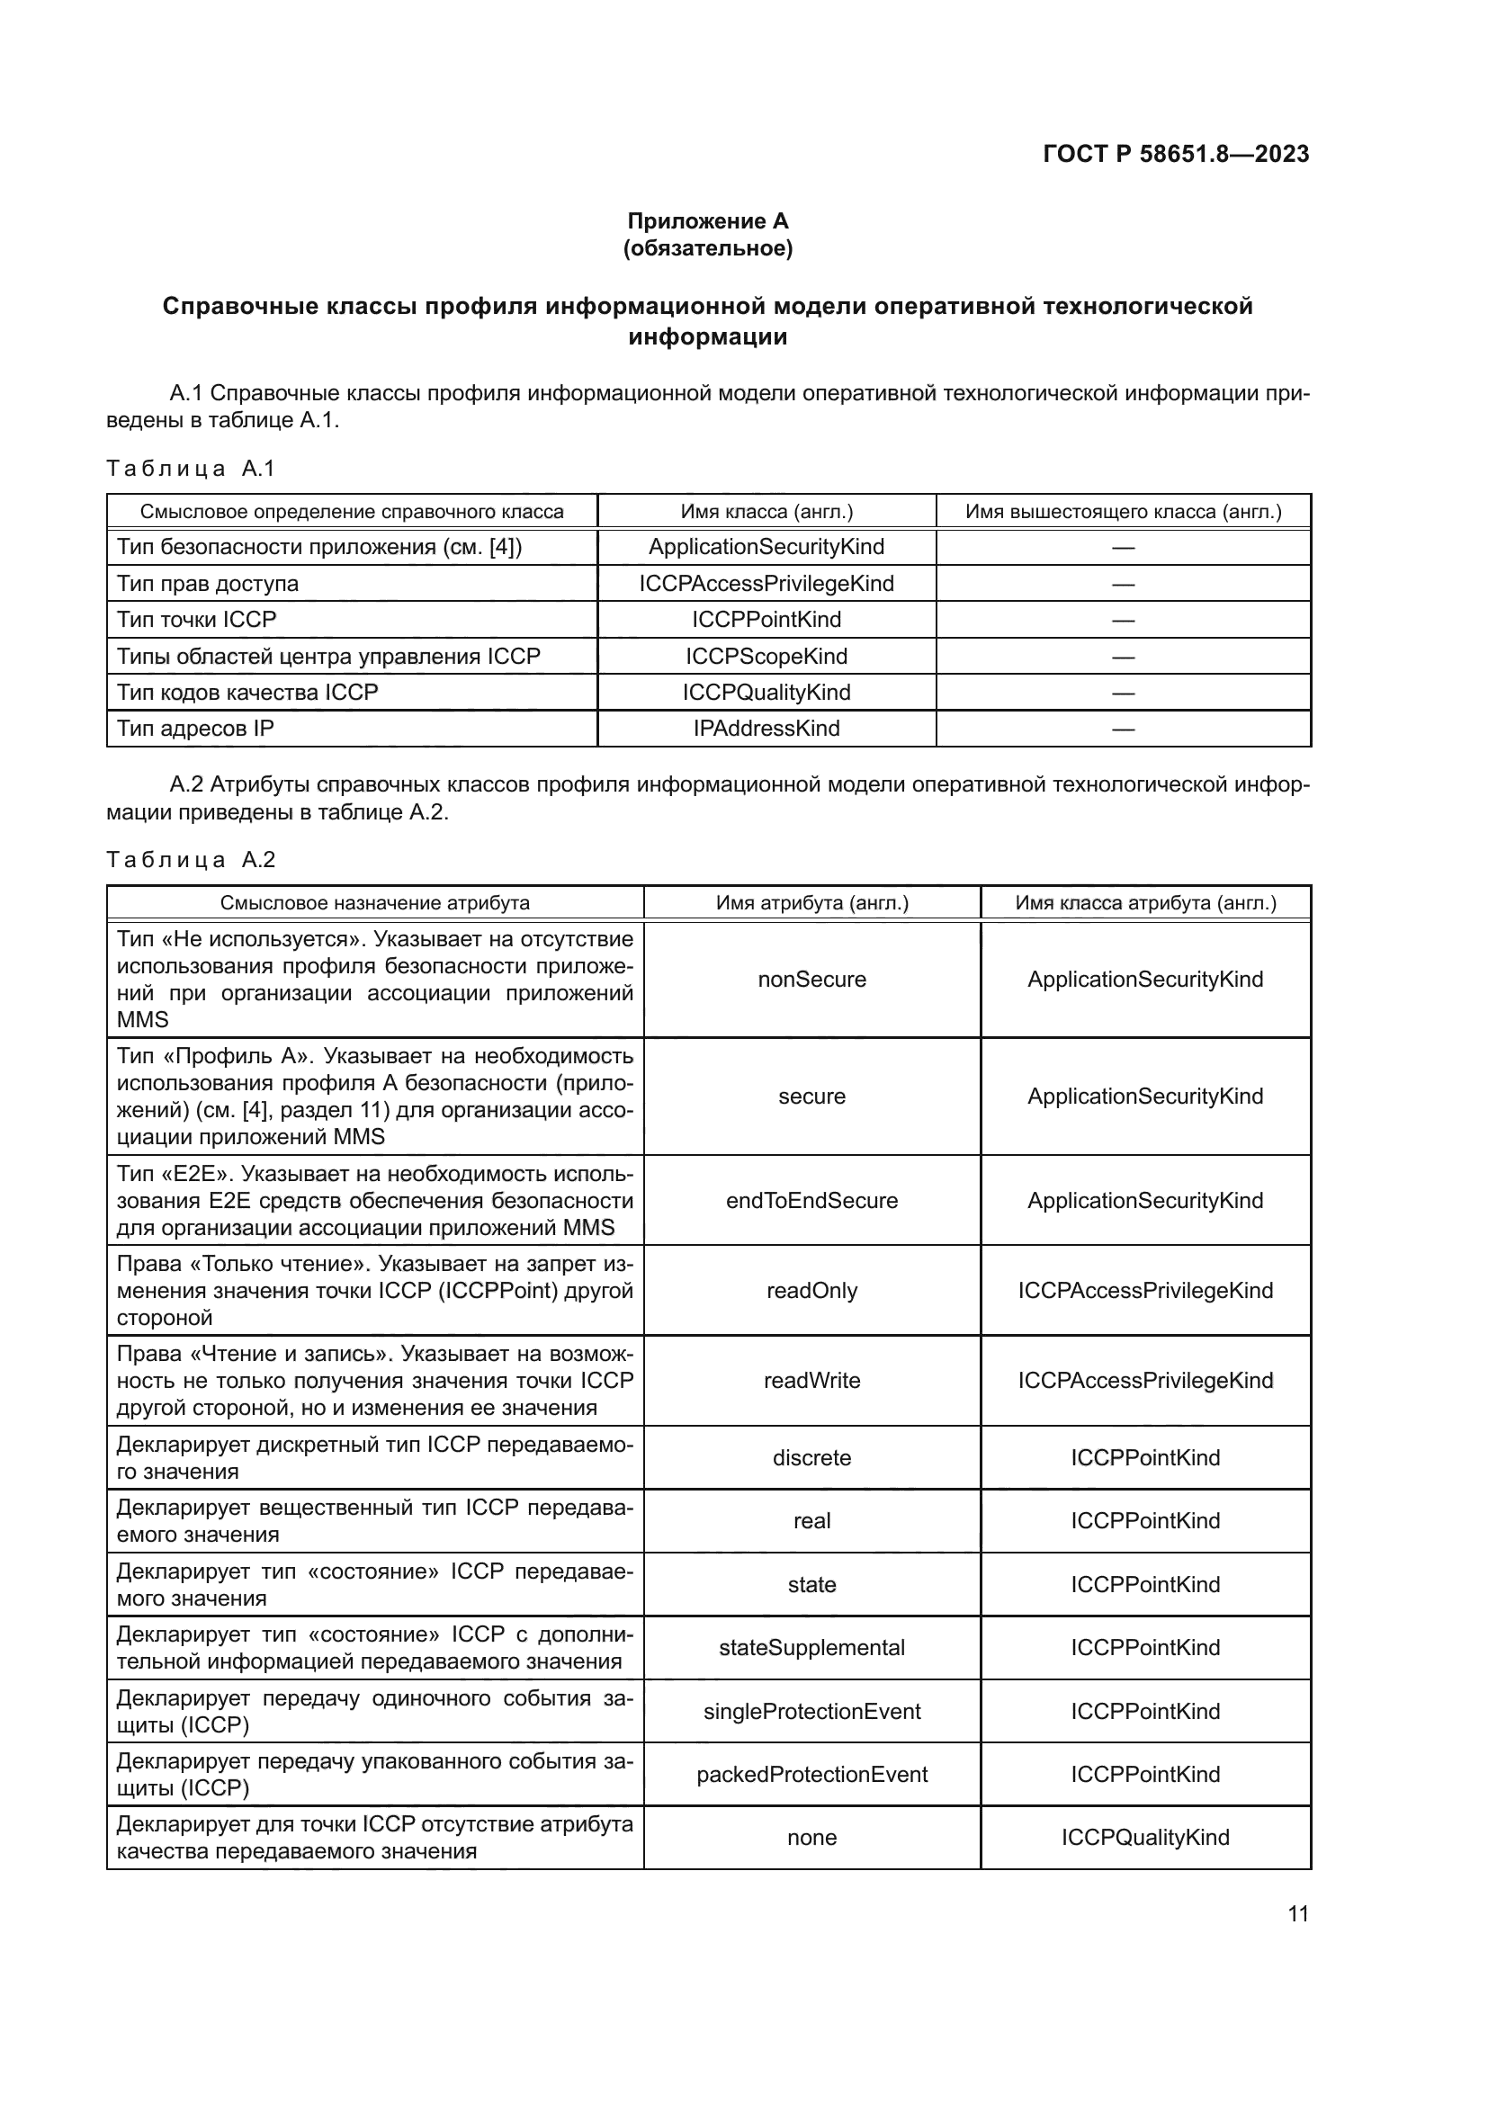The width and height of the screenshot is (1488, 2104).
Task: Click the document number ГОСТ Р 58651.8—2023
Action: [1176, 154]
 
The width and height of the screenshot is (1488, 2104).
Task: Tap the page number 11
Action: [1297, 1914]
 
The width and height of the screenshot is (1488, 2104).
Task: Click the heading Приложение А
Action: [707, 221]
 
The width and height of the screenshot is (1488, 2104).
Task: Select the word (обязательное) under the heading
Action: [707, 248]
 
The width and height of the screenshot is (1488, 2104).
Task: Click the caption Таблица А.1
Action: [191, 469]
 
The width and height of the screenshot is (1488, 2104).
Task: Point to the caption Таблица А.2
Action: [191, 860]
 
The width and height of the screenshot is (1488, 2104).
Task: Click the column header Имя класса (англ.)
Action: [766, 511]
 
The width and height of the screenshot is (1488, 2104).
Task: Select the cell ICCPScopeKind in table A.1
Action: [766, 656]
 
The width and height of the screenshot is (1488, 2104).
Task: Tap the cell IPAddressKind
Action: [766, 729]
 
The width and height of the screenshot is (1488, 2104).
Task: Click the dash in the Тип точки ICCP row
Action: [1123, 621]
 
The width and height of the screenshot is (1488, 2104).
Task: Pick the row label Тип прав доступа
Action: [207, 584]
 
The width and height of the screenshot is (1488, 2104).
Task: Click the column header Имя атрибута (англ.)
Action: [811, 902]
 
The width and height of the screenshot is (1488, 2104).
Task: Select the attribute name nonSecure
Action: [811, 980]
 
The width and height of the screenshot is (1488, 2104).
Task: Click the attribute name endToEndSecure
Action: [811, 1201]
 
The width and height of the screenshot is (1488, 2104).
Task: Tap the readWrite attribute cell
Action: [811, 1380]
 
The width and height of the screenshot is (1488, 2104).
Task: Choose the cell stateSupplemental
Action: [811, 1648]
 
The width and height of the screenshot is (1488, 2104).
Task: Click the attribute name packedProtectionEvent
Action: [811, 1774]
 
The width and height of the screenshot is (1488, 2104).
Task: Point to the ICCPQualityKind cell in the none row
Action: [1145, 1838]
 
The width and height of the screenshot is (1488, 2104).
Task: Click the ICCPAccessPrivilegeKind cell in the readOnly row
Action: [1145, 1290]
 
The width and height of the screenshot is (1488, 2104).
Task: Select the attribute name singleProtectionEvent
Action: [811, 1711]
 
